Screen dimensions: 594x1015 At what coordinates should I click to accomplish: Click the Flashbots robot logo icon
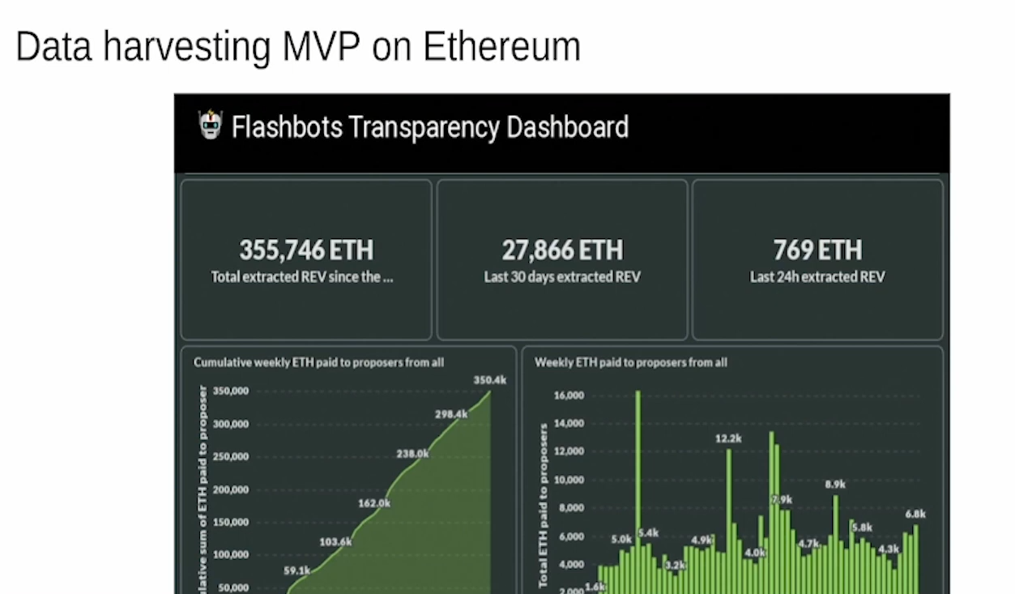click(x=210, y=126)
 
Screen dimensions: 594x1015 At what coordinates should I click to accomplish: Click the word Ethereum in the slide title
click(x=501, y=47)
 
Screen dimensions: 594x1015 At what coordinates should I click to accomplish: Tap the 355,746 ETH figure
click(x=306, y=250)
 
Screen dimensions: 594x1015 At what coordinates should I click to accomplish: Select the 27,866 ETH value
click(x=562, y=250)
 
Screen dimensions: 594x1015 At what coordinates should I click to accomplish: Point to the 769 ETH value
click(x=817, y=250)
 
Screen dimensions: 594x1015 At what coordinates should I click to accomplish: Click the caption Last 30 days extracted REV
click(x=562, y=277)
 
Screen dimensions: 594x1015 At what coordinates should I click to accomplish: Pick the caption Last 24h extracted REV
click(x=817, y=277)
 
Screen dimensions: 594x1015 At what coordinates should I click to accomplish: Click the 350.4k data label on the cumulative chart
click(x=490, y=380)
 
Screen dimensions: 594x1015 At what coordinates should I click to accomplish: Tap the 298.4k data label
click(x=451, y=414)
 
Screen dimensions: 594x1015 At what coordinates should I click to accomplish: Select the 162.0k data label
click(x=374, y=503)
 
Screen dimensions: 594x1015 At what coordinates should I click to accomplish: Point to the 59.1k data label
click(x=297, y=570)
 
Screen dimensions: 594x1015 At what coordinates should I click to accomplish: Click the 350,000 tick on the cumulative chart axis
click(x=232, y=391)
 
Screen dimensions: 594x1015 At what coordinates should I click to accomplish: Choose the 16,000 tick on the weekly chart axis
click(x=569, y=395)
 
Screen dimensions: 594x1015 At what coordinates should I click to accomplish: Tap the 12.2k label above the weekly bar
click(x=728, y=438)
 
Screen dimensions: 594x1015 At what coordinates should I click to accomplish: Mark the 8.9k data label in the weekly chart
click(x=835, y=485)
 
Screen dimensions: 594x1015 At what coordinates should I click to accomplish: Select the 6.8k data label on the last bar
click(x=915, y=514)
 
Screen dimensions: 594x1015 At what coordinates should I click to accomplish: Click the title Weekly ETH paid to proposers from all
click(x=630, y=362)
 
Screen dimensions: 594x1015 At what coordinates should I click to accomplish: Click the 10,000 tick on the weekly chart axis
click(x=569, y=480)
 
